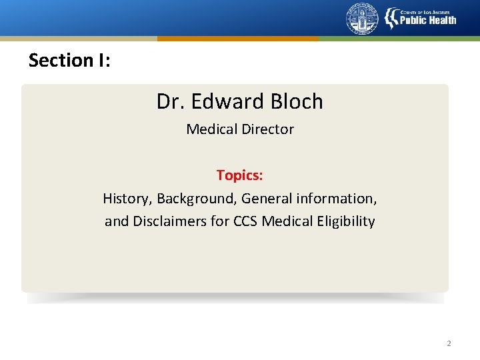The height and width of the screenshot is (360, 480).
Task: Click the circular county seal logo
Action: click(362, 19)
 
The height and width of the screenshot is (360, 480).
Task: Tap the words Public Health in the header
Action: click(427, 20)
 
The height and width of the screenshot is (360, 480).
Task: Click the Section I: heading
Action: click(69, 60)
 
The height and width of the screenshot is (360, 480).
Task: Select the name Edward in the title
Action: click(219, 101)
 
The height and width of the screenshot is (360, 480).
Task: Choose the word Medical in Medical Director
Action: click(210, 129)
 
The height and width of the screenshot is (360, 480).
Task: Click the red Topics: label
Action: click(240, 175)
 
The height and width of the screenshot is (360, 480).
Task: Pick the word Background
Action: click(196, 199)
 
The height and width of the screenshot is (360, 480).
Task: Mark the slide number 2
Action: click(449, 343)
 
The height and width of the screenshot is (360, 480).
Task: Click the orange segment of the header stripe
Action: click(238, 39)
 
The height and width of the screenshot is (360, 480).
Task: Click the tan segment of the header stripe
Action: click(78, 39)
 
